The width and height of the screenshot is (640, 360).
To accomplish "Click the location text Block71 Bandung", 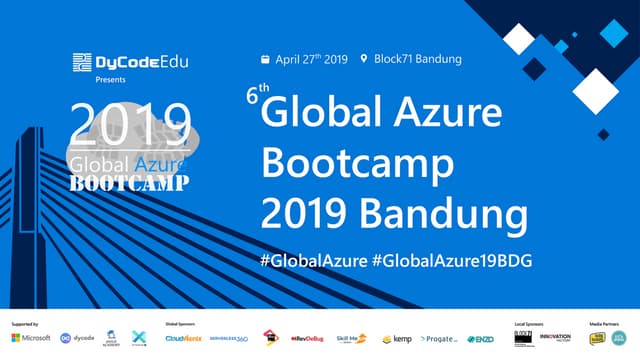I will click(x=418, y=59).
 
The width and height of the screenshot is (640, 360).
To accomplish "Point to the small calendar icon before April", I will click(x=265, y=59).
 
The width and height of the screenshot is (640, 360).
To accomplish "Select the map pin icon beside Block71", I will click(x=364, y=59).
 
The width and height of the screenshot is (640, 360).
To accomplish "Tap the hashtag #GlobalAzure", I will click(x=312, y=260).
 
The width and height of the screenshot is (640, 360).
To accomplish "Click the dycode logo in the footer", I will click(x=77, y=338).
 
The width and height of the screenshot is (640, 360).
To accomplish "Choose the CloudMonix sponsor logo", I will click(x=183, y=338).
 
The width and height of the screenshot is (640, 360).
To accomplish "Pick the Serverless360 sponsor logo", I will click(x=229, y=338).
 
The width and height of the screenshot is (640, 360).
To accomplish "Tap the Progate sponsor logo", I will click(x=440, y=339).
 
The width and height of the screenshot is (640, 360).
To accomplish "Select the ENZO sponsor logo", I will click(x=481, y=339).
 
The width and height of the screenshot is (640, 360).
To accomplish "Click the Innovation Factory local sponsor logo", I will click(x=555, y=338).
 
